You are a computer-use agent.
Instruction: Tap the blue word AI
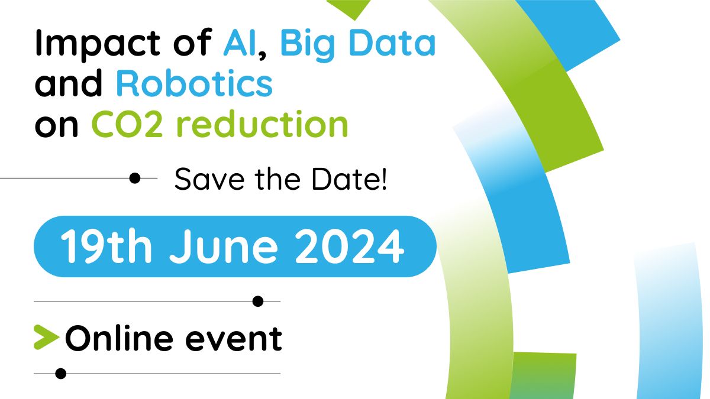[239, 43]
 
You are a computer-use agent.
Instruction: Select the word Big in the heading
[308, 45]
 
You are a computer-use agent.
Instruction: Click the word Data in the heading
[392, 43]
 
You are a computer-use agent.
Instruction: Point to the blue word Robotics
[194, 83]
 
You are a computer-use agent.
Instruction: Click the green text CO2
[127, 124]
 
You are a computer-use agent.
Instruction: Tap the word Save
[209, 179]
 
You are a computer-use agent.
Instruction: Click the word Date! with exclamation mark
[349, 179]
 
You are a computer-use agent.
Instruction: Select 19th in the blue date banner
[106, 246]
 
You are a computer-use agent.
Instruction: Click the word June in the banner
[224, 246]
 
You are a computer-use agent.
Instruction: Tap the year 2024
[349, 246]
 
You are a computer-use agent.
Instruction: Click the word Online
[119, 338]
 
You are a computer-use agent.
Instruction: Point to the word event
[234, 339]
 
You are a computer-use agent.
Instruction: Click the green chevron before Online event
[47, 338]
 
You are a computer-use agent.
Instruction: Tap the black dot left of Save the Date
[135, 178]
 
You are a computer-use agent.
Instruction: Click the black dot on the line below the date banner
[258, 301]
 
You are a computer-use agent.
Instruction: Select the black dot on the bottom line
[60, 374]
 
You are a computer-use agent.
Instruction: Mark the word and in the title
[69, 83]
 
